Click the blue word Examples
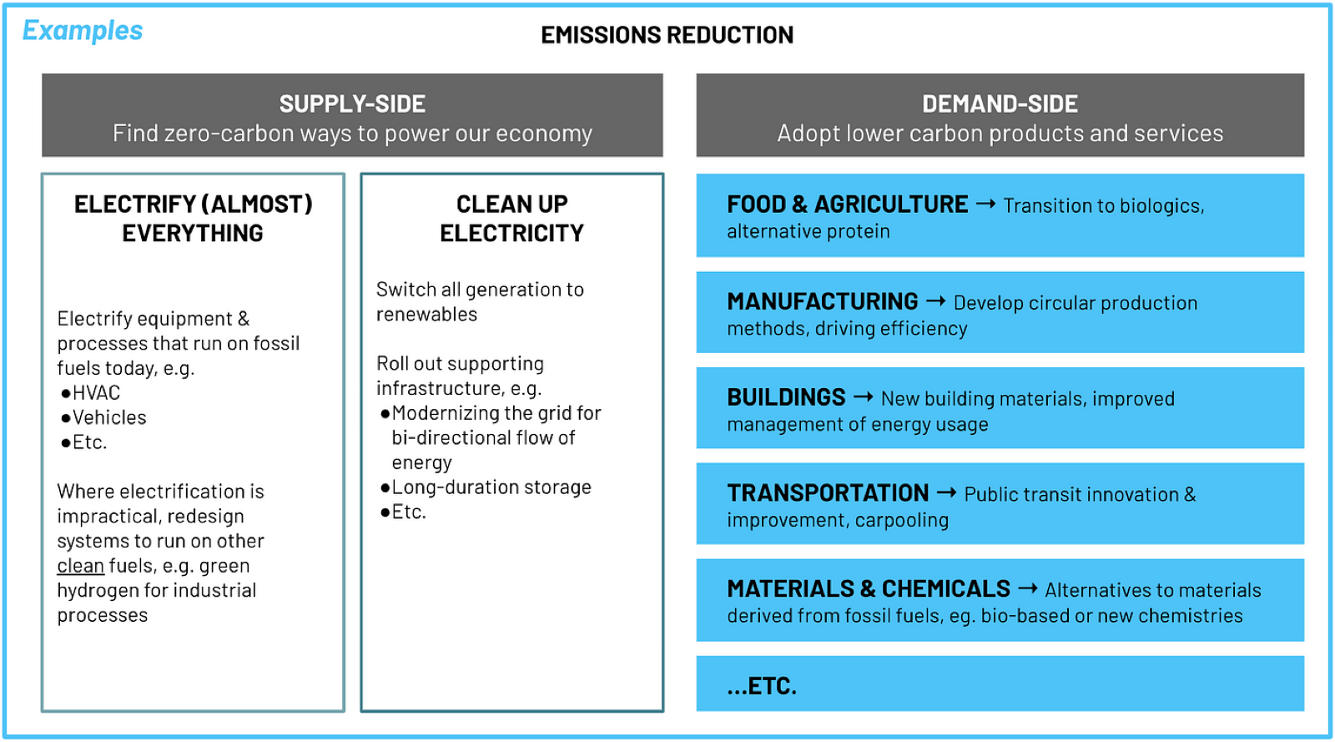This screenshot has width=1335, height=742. coord(83,31)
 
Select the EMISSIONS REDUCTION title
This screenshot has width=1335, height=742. coord(667,35)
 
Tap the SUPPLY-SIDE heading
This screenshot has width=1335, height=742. coord(352,104)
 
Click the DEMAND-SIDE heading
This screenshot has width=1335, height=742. coord(1000,104)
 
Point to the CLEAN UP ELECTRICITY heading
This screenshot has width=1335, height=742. coord(512,219)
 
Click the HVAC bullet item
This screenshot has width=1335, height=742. coord(91,393)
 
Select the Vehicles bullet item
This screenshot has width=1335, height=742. coord(103,418)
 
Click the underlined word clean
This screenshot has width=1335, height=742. coord(80,566)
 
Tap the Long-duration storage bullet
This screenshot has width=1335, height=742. coord(486,487)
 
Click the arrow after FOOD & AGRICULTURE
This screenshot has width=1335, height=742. coord(985,204)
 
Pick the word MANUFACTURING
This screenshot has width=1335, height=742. coord(823,301)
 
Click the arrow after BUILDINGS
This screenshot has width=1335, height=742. coord(864,397)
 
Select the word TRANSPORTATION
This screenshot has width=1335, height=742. coord(828,493)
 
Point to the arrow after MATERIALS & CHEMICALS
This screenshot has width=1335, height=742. coord(1028,588)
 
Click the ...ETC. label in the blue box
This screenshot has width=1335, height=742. coord(762,686)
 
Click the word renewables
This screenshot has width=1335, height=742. coord(426,314)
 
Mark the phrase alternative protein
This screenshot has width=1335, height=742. coord(809,231)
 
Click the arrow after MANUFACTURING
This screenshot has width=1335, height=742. coord(935,301)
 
